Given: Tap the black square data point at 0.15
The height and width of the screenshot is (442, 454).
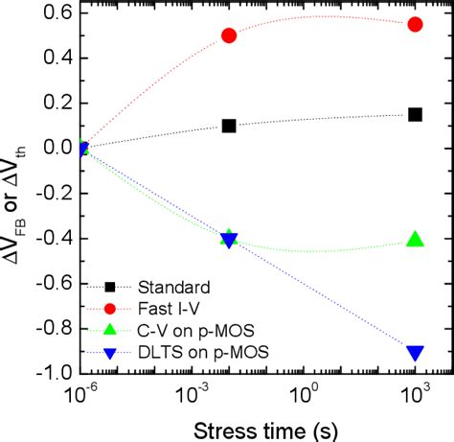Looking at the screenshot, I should click(415, 114).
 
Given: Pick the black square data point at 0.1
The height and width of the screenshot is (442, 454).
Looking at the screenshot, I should click(229, 126).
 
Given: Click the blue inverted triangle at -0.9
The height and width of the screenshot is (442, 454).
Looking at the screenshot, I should click(415, 352).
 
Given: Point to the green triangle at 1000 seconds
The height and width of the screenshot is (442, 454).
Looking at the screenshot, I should click(415, 240).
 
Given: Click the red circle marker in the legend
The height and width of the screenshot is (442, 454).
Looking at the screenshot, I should click(111, 308).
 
